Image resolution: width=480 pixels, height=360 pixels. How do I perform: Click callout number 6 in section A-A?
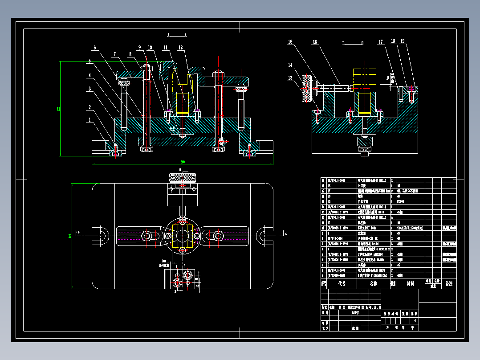click(94, 48)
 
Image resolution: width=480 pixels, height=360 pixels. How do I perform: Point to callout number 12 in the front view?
click(180, 47)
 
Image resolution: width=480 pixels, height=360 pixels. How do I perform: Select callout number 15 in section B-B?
click(290, 42)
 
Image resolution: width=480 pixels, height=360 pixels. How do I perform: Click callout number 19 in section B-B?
click(402, 41)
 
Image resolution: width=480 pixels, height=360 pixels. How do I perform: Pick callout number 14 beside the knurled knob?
click(290, 65)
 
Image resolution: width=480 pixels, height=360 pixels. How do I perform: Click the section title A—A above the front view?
click(177, 35)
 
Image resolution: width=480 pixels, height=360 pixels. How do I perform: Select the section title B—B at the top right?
click(353, 43)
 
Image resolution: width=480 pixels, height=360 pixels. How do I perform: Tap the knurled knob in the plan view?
click(182, 178)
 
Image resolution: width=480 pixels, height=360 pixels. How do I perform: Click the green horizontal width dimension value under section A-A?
click(182, 162)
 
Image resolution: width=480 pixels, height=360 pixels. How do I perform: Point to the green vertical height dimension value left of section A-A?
click(58, 109)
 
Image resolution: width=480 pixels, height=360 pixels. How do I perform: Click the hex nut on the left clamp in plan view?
click(147, 235)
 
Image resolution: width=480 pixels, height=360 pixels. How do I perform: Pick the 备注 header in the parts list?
click(448, 283)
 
